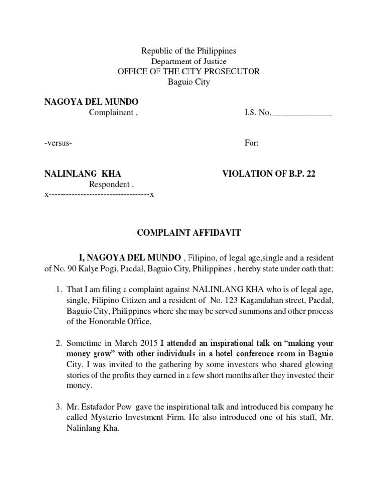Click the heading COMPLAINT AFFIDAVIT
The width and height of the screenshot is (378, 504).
189,233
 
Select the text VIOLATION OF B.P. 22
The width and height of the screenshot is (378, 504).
268,174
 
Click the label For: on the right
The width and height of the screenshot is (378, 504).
252,143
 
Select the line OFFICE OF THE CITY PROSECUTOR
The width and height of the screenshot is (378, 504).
189,72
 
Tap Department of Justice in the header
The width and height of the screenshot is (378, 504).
189,62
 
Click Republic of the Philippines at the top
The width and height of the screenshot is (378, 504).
189,51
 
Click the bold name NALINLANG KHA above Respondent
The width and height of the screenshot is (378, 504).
83,174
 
